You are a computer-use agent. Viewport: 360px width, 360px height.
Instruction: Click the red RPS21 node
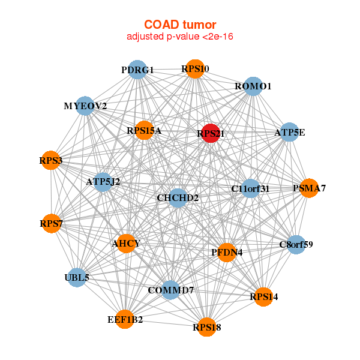pyautogui.click(x=211, y=133)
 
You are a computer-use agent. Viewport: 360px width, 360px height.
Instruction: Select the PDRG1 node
pyautogui.click(x=137, y=70)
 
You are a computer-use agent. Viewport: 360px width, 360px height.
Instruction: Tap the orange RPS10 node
pyautogui.click(x=195, y=69)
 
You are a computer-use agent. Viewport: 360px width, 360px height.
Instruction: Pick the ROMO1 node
pyautogui.click(x=253, y=86)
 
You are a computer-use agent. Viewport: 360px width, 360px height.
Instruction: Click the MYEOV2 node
pyautogui.click(x=85, y=106)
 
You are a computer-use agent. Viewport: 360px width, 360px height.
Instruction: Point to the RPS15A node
pyautogui.click(x=144, y=130)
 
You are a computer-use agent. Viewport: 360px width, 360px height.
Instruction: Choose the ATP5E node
pyautogui.click(x=290, y=132)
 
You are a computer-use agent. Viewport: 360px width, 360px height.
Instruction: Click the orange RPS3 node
pyautogui.click(x=51, y=160)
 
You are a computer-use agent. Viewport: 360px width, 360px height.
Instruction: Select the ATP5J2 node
pyautogui.click(x=103, y=182)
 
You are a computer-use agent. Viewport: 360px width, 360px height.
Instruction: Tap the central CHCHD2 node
pyautogui.click(x=178, y=198)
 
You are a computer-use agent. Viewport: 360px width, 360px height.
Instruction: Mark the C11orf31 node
pyautogui.click(x=250, y=188)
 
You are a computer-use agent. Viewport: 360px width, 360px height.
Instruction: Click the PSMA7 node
pyautogui.click(x=309, y=188)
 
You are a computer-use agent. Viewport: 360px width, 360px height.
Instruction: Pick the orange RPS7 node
pyautogui.click(x=51, y=223)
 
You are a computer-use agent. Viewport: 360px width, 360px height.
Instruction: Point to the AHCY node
pyautogui.click(x=126, y=244)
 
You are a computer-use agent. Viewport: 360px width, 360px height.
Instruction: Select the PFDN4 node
pyautogui.click(x=227, y=253)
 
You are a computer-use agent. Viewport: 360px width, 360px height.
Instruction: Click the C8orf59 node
pyautogui.click(x=296, y=245)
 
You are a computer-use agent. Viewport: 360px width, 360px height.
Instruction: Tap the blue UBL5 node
pyautogui.click(x=77, y=278)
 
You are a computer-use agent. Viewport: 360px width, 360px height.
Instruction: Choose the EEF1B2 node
pyautogui.click(x=125, y=319)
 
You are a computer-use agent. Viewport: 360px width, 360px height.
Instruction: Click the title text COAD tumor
pyautogui.click(x=180, y=25)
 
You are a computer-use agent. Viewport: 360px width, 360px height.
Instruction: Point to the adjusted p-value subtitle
pyautogui.click(x=180, y=37)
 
